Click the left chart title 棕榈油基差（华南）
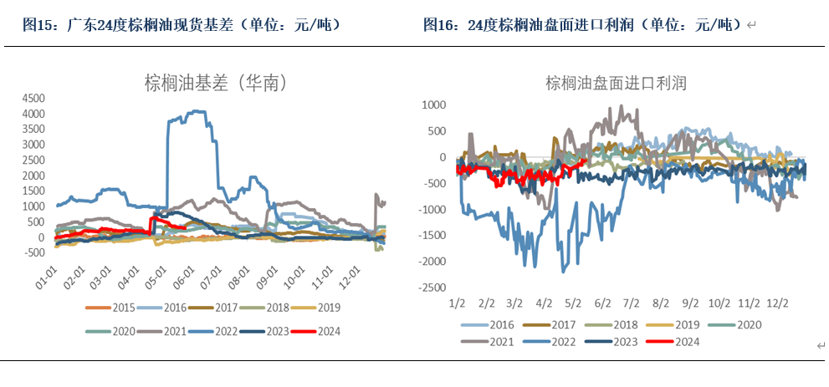point(217,84)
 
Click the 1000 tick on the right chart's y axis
point(434,105)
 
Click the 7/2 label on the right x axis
point(631,303)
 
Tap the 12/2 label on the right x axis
point(775,303)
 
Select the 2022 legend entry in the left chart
point(214,331)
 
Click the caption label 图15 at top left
point(37,25)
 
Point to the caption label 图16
point(441,25)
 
